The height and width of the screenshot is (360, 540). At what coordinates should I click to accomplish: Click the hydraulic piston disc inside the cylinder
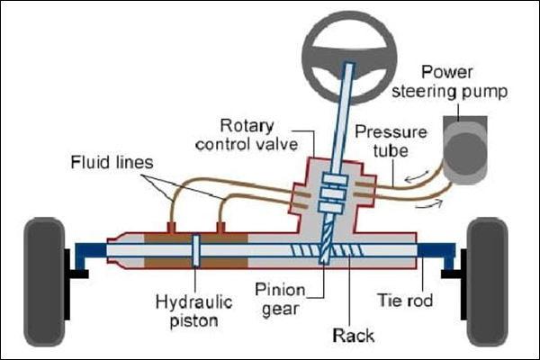tap(195, 252)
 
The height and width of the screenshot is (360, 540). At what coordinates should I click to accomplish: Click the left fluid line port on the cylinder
tap(171, 222)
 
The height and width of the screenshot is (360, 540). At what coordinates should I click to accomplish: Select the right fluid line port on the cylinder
tap(220, 222)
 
